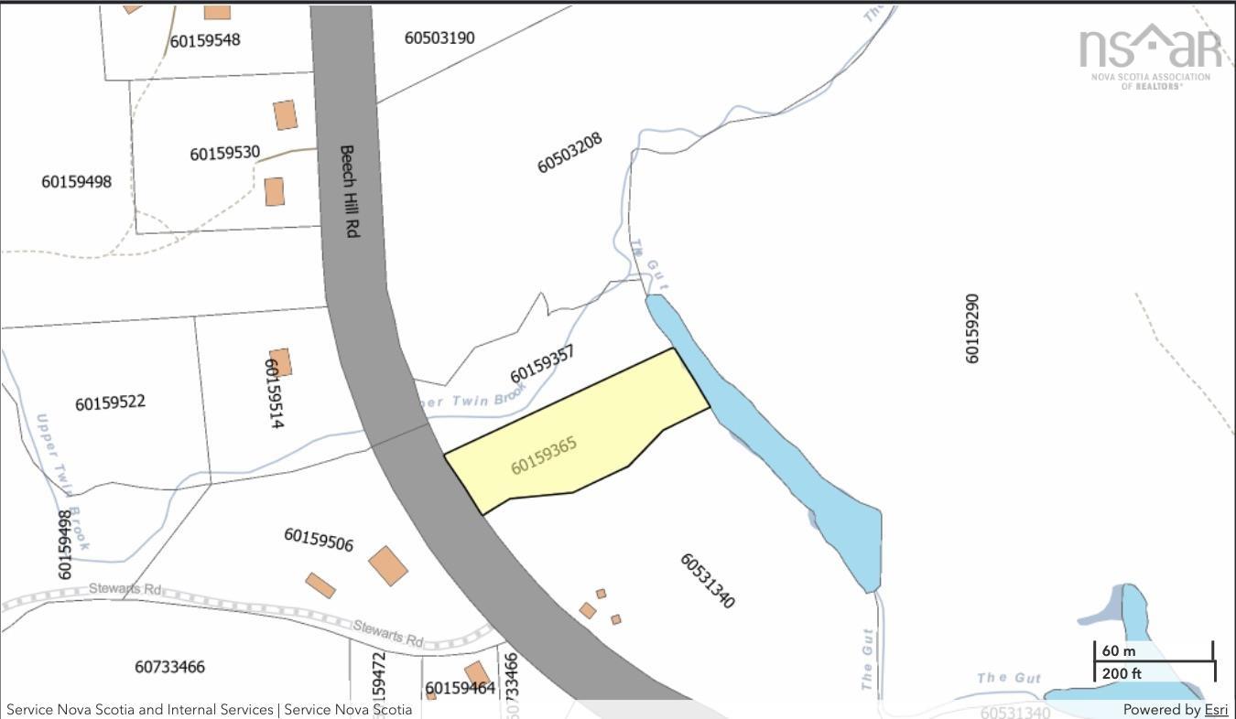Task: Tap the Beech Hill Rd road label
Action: coord(348,192)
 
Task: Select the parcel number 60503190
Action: coord(439,38)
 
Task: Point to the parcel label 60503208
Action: coord(569,153)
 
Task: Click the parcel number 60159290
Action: coord(972,327)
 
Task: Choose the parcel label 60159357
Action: coord(543,364)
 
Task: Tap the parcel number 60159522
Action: coord(110,402)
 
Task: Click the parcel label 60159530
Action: coord(224,153)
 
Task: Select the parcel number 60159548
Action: coord(205,40)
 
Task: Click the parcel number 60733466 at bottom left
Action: coord(169,667)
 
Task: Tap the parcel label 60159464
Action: coord(460,688)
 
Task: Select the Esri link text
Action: coord(1216,710)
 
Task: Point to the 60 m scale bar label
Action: coord(1118,651)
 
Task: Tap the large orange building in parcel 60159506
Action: coord(388,565)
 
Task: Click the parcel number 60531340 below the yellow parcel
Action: coord(707,581)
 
